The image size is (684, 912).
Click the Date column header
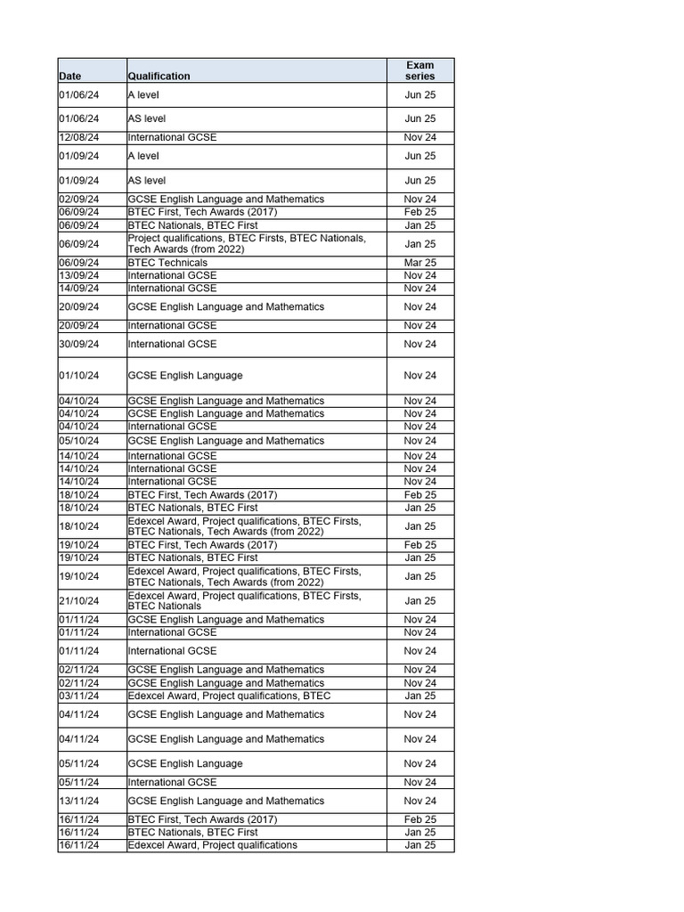point(70,77)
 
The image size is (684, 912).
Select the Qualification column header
point(159,77)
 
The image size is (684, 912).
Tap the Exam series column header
point(419,70)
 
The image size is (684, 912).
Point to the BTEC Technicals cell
point(167,263)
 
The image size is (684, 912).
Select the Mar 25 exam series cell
point(419,263)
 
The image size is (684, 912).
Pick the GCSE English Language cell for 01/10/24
point(185,376)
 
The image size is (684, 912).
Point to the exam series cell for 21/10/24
point(419,601)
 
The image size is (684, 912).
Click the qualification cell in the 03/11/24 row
point(229,696)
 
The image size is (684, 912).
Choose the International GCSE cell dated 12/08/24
point(172,138)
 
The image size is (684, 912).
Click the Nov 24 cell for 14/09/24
point(419,289)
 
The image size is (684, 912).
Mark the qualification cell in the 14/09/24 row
point(172,289)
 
